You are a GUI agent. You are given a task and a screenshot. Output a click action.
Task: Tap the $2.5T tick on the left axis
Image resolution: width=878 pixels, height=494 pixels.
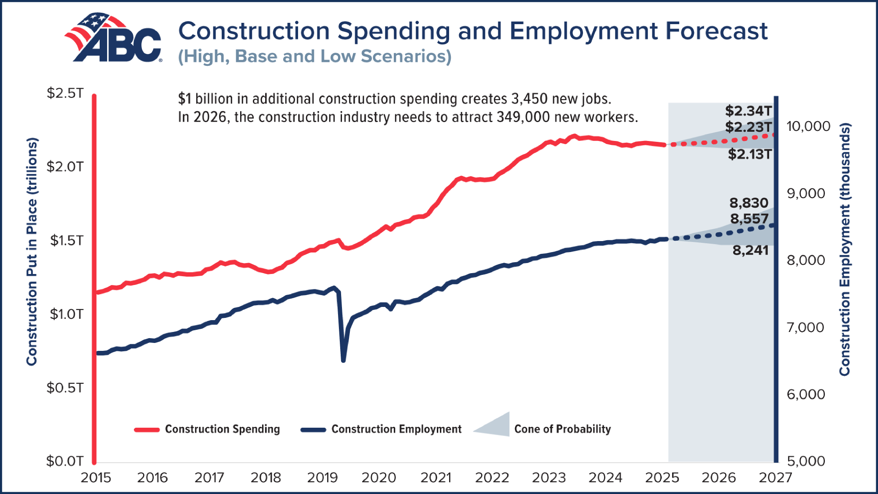tap(65, 93)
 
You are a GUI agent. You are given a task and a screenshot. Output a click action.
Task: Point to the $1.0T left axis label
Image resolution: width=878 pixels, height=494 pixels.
tap(66, 314)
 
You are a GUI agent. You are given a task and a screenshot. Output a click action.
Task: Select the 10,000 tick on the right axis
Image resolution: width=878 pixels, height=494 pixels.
tap(808, 126)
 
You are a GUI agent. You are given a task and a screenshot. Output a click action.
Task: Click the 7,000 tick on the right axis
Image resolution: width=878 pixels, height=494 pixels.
tap(805, 327)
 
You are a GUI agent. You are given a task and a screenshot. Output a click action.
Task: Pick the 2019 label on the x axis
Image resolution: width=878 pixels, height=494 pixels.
tap(322, 477)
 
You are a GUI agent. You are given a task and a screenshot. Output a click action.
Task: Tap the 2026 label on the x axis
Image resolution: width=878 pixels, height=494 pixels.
tap(718, 477)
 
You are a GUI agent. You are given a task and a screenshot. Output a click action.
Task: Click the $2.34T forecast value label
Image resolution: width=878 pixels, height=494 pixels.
tap(748, 111)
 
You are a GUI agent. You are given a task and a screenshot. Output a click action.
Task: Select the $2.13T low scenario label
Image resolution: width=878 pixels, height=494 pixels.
tap(749, 154)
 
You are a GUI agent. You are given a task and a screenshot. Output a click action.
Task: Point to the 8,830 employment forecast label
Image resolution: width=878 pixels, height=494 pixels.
tap(749, 203)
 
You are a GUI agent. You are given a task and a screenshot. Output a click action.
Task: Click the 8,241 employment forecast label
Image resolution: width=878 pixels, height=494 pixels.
tap(750, 250)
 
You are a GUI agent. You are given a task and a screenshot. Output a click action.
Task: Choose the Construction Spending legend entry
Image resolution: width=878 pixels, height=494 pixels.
tap(222, 429)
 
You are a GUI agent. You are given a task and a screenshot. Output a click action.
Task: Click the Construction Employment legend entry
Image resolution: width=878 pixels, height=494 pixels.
tap(396, 429)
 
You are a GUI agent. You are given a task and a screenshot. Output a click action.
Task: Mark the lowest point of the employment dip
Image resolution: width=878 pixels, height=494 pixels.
tap(343, 360)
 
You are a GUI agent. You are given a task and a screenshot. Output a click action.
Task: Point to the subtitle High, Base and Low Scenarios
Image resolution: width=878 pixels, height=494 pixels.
tap(314, 57)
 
